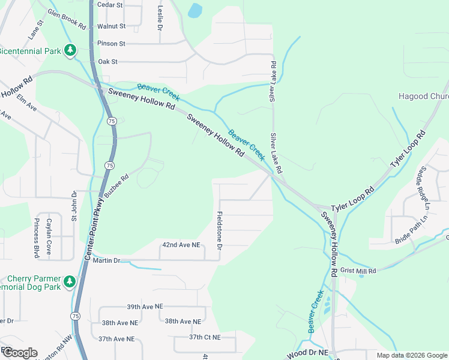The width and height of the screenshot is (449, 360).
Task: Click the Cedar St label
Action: pyautogui.click(x=110, y=5)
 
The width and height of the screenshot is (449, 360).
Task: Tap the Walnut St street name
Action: pyautogui.click(x=111, y=26)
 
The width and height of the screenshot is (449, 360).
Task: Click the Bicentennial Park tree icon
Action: pyautogui.click(x=71, y=50)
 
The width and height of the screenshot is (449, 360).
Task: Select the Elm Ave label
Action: pyautogui.click(x=27, y=103)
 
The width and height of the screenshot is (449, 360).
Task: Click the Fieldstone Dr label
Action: pyautogui.click(x=220, y=231)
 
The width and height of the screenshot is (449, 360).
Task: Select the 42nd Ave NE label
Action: pyautogui.click(x=181, y=245)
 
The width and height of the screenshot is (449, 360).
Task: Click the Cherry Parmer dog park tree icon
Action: pyautogui.click(x=70, y=281)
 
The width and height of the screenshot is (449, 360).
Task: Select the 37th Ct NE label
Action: pyautogui.click(x=205, y=337)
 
